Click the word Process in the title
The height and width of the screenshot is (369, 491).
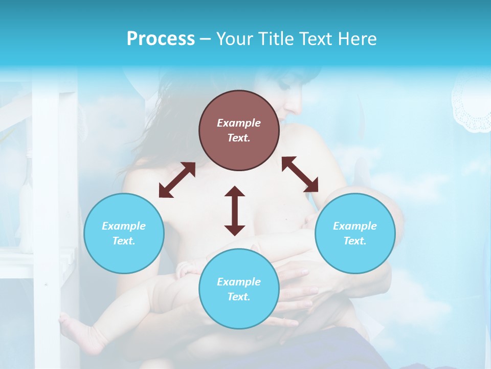coord(161,39)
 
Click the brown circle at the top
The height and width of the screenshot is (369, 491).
coord(239,130)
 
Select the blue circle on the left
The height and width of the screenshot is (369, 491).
coord(124,233)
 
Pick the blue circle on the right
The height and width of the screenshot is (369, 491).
coord(355,233)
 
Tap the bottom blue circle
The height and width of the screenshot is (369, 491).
coord(239,289)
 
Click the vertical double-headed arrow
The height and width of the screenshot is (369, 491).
coord(235,211)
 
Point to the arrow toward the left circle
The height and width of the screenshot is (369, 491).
coord(177,180)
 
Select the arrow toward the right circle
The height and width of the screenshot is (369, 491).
coord(300,174)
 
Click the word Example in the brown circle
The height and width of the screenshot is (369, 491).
coord(239,123)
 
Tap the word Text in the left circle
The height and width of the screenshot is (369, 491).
coord(123,241)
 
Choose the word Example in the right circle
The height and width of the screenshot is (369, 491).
coord(355,226)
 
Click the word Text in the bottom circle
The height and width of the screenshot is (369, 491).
coord(238,297)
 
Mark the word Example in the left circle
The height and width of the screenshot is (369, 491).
coord(124,226)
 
